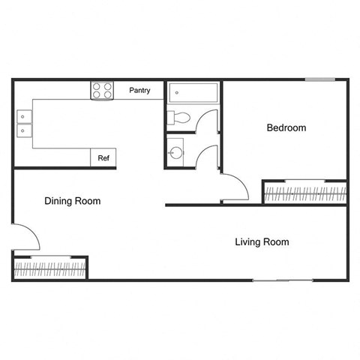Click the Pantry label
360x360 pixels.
pos(139,91)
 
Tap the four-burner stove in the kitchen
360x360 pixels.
pos(103,91)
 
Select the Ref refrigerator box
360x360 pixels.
pos(104,158)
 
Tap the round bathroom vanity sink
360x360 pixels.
pos(175,153)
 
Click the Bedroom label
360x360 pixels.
pos(286,128)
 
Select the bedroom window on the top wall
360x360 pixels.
pos(319,79)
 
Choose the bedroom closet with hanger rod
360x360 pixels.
pos(304,193)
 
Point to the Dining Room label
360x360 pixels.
pos(72,201)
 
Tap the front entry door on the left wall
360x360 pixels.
pos(27,238)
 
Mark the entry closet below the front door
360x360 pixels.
pos(50,267)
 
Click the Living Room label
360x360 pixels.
pos(262,242)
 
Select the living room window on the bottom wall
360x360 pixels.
pos(282,280)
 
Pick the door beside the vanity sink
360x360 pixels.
pos(208,156)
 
